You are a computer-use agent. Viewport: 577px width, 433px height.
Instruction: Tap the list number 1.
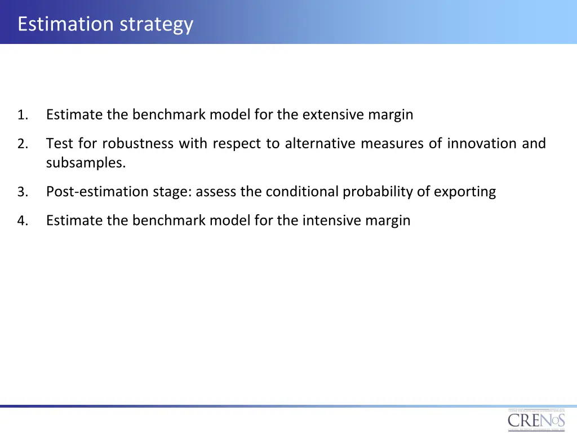[x=22, y=116]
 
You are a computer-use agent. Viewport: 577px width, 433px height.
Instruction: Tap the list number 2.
[x=22, y=144]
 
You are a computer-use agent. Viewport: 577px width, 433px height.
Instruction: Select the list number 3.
[x=22, y=193]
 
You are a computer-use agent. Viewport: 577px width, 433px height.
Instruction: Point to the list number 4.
[x=22, y=221]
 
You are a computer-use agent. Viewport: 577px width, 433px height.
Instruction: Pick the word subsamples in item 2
[x=86, y=164]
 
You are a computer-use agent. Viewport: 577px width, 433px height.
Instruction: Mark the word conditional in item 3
[x=302, y=192]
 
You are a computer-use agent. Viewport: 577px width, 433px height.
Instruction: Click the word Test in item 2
[x=59, y=144]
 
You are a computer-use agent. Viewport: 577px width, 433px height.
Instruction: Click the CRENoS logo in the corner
[x=536, y=420]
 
